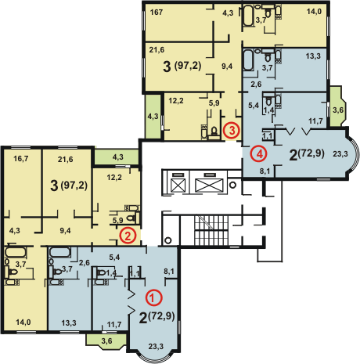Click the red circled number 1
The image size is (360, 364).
point(154,297)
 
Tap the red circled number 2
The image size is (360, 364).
point(128,236)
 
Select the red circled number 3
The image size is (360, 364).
point(232,130)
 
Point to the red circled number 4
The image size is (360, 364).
point(259,154)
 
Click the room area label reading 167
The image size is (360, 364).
point(157,13)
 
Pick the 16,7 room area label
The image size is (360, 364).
point(21,159)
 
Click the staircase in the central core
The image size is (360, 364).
point(211,231)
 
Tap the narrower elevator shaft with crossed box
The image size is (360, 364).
point(178,186)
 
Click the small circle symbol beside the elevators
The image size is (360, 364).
point(232,186)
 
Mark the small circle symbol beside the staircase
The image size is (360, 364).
point(168,240)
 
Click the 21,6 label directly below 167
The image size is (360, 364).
point(157,50)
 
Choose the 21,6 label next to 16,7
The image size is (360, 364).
point(65,159)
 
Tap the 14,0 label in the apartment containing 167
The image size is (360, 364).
point(314,12)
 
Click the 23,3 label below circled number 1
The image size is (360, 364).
point(156,347)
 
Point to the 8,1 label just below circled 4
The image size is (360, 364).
point(265,171)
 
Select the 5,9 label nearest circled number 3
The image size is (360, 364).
point(214,103)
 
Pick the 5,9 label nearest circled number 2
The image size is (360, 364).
point(117,221)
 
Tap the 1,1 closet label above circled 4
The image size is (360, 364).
point(267,135)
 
